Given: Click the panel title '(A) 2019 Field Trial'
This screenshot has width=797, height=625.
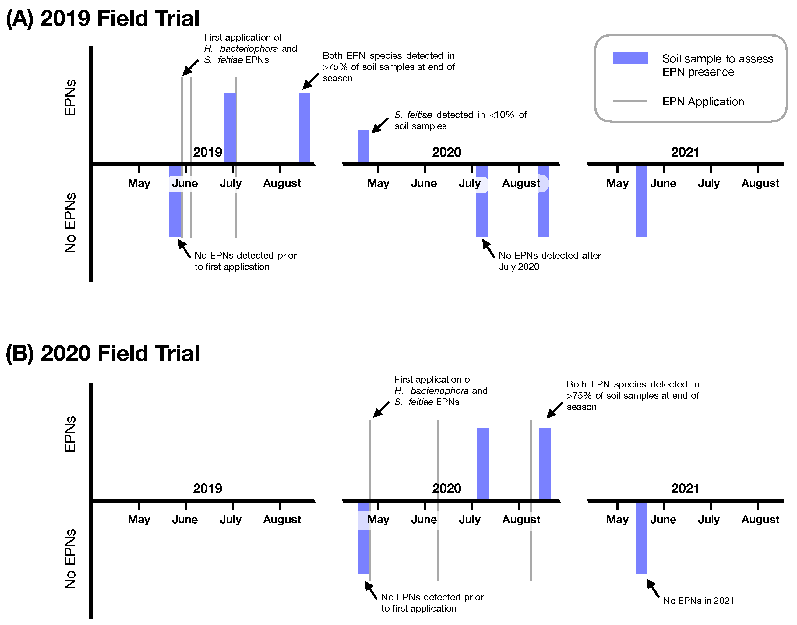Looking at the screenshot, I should point(102,18).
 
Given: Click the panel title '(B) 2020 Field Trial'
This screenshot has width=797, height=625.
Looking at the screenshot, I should point(102,354).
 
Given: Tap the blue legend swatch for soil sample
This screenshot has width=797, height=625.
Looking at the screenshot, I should point(630,58).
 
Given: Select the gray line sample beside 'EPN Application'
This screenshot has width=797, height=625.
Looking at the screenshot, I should point(630,101).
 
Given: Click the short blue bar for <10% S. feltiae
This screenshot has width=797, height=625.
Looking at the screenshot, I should point(363,147).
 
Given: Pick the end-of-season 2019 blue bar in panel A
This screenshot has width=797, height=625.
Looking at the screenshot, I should point(305,128).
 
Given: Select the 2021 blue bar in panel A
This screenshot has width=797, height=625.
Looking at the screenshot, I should point(641,201).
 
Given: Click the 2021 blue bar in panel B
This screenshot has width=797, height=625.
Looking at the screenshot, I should point(641,538).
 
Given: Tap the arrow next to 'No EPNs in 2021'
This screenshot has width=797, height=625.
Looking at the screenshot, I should point(653,589).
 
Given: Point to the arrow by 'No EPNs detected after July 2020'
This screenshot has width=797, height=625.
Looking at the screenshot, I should point(488,249).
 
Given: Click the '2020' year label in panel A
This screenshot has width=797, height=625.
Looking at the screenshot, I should point(446,152).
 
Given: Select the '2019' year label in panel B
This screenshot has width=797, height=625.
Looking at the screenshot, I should point(207,489).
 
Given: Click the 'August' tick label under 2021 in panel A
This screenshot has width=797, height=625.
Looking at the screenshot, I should point(760,183).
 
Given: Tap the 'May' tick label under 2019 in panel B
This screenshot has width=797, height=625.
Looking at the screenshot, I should point(139,520).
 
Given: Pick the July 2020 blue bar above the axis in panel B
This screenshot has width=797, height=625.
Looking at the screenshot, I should point(483,463).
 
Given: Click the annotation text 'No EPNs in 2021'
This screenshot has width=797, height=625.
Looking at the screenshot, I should point(698,601).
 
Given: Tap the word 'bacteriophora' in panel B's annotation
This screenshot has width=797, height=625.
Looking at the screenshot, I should point(439,391).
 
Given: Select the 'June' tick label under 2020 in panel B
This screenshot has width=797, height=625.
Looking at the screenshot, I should point(424,520).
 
